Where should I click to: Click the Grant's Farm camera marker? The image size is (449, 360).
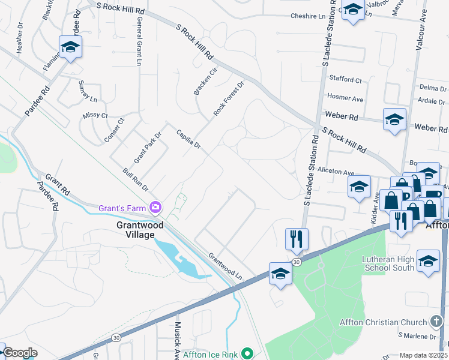(x=156, y=207)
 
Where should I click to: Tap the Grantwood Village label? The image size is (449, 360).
(x=140, y=231)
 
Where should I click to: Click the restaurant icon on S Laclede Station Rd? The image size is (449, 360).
(x=297, y=239)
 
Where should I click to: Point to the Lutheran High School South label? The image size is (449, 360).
(x=388, y=263)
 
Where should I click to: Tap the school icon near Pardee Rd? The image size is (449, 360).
(x=70, y=47)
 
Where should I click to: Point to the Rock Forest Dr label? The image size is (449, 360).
(x=230, y=99)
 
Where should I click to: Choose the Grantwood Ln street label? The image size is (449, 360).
(x=226, y=266)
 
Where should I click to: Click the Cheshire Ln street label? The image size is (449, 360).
(x=312, y=16)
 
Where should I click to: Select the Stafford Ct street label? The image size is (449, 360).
(x=345, y=79)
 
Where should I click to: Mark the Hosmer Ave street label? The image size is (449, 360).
(x=345, y=97)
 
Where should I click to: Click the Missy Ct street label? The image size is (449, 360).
(x=95, y=115)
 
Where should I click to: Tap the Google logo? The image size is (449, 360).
(x=20, y=353)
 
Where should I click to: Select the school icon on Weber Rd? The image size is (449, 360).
(x=394, y=119)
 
